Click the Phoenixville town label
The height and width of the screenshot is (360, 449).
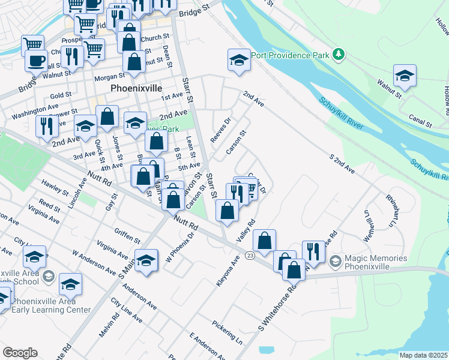[x=136, y=88]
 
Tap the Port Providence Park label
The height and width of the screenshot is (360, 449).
[x=291, y=55]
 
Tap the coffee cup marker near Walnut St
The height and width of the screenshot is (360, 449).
[x=36, y=61]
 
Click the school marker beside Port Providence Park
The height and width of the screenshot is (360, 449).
[x=238, y=61]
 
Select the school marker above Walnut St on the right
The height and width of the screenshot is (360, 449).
[x=405, y=76]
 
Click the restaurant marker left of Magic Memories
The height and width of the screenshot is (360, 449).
[x=313, y=251]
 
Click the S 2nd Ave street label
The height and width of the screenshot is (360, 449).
[x=342, y=164]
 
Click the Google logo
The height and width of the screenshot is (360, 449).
[x=20, y=353]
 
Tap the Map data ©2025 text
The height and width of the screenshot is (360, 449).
[x=423, y=355]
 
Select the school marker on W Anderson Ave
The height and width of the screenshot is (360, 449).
[x=146, y=260]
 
